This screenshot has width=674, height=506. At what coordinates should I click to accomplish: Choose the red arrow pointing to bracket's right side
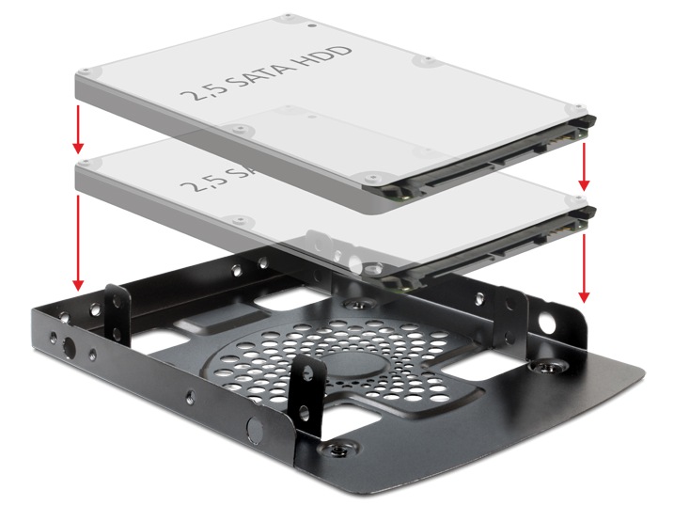coord(585,268)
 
